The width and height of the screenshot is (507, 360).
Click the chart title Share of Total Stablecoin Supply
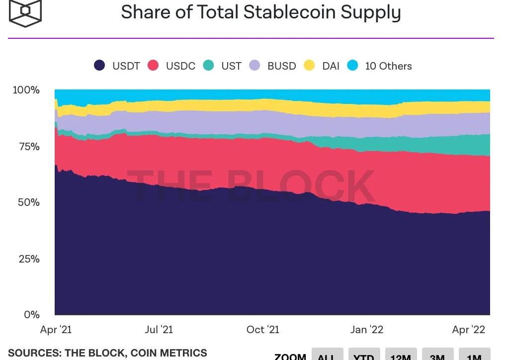coord(260,12)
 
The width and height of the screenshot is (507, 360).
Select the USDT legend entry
coord(117,66)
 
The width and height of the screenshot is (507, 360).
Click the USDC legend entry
coord(172,66)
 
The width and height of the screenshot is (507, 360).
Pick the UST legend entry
coord(223,66)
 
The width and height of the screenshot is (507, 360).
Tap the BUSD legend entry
coord(273,66)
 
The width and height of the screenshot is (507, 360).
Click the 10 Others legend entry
coord(380,66)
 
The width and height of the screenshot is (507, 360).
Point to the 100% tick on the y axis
coord(26,90)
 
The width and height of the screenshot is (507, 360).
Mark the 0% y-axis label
coord(32,315)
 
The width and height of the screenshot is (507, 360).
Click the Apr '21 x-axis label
coord(56,330)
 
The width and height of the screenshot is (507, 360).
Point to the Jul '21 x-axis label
coord(159,330)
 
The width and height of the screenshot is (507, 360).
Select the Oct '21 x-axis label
coord(263,330)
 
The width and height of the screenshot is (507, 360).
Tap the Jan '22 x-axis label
coord(367,330)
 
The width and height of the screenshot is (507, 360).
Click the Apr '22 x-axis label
coord(469,330)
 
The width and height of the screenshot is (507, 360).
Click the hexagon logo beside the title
coord(25,12)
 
